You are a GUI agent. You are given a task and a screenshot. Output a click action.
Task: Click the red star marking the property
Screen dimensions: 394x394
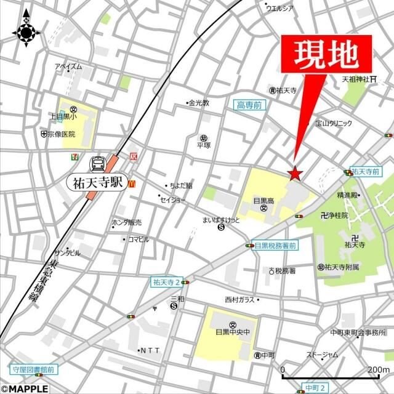295,174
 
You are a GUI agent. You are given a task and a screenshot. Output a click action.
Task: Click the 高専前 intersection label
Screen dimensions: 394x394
249,106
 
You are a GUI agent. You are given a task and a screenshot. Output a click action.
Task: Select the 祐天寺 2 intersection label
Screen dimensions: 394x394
166,282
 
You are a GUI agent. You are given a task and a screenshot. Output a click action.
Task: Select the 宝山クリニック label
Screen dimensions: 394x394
333,123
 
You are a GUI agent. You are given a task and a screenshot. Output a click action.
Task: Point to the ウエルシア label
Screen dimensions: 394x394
280,8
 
